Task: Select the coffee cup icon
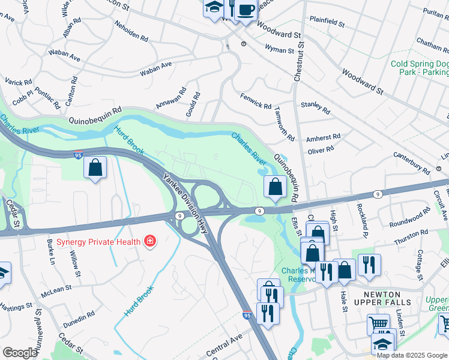(246, 10)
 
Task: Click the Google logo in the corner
(20, 353)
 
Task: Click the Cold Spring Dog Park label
(419, 68)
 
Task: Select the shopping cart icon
(378, 325)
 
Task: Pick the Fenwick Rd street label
(256, 100)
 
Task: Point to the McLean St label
(56, 289)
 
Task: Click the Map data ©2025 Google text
(412, 355)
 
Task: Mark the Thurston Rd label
(411, 236)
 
